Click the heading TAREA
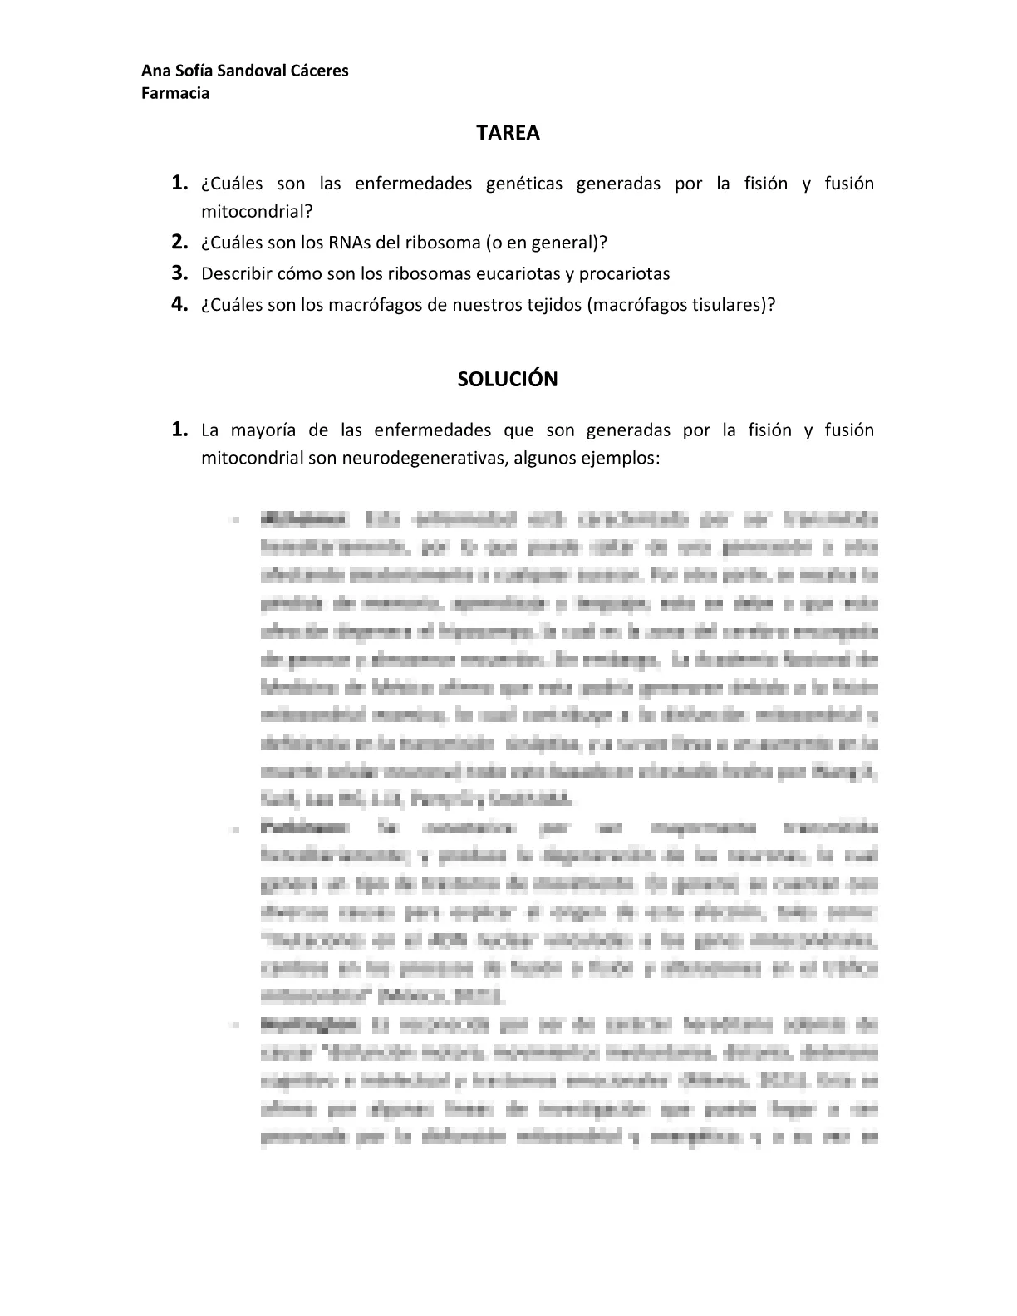click(x=508, y=133)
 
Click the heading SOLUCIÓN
click(x=508, y=380)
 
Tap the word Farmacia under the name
click(x=175, y=93)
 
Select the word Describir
click(x=237, y=273)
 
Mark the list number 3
click(x=178, y=273)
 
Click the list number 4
click(x=178, y=303)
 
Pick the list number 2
click(x=178, y=242)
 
